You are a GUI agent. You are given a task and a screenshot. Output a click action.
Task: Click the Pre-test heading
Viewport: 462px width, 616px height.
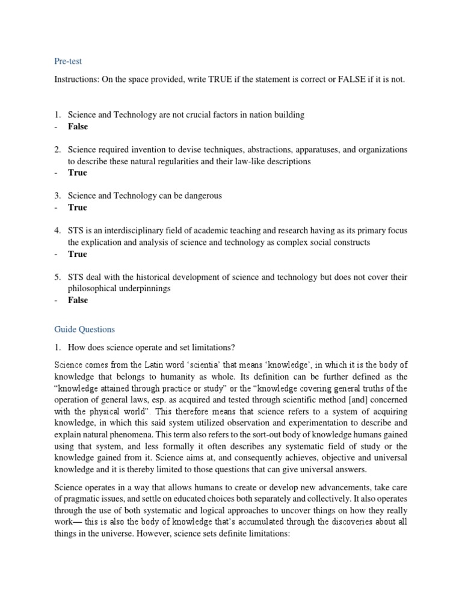pos(68,61)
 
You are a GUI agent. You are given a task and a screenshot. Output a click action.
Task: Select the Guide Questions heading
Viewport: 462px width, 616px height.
pos(84,329)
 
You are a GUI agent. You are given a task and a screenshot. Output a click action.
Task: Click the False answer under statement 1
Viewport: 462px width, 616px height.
pos(78,126)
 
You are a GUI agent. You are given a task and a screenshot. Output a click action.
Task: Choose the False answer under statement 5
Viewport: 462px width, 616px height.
pos(78,300)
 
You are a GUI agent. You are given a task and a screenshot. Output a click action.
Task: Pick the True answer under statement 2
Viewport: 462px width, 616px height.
pos(77,173)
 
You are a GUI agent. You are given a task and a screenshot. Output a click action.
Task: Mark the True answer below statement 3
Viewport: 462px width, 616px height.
pos(77,207)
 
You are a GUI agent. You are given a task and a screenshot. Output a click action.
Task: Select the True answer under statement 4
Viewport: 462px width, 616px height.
pos(77,254)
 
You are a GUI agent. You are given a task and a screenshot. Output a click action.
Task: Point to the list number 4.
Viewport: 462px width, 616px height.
pos(57,230)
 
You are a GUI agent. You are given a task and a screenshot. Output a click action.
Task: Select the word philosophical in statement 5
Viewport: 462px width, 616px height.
pos(94,288)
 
